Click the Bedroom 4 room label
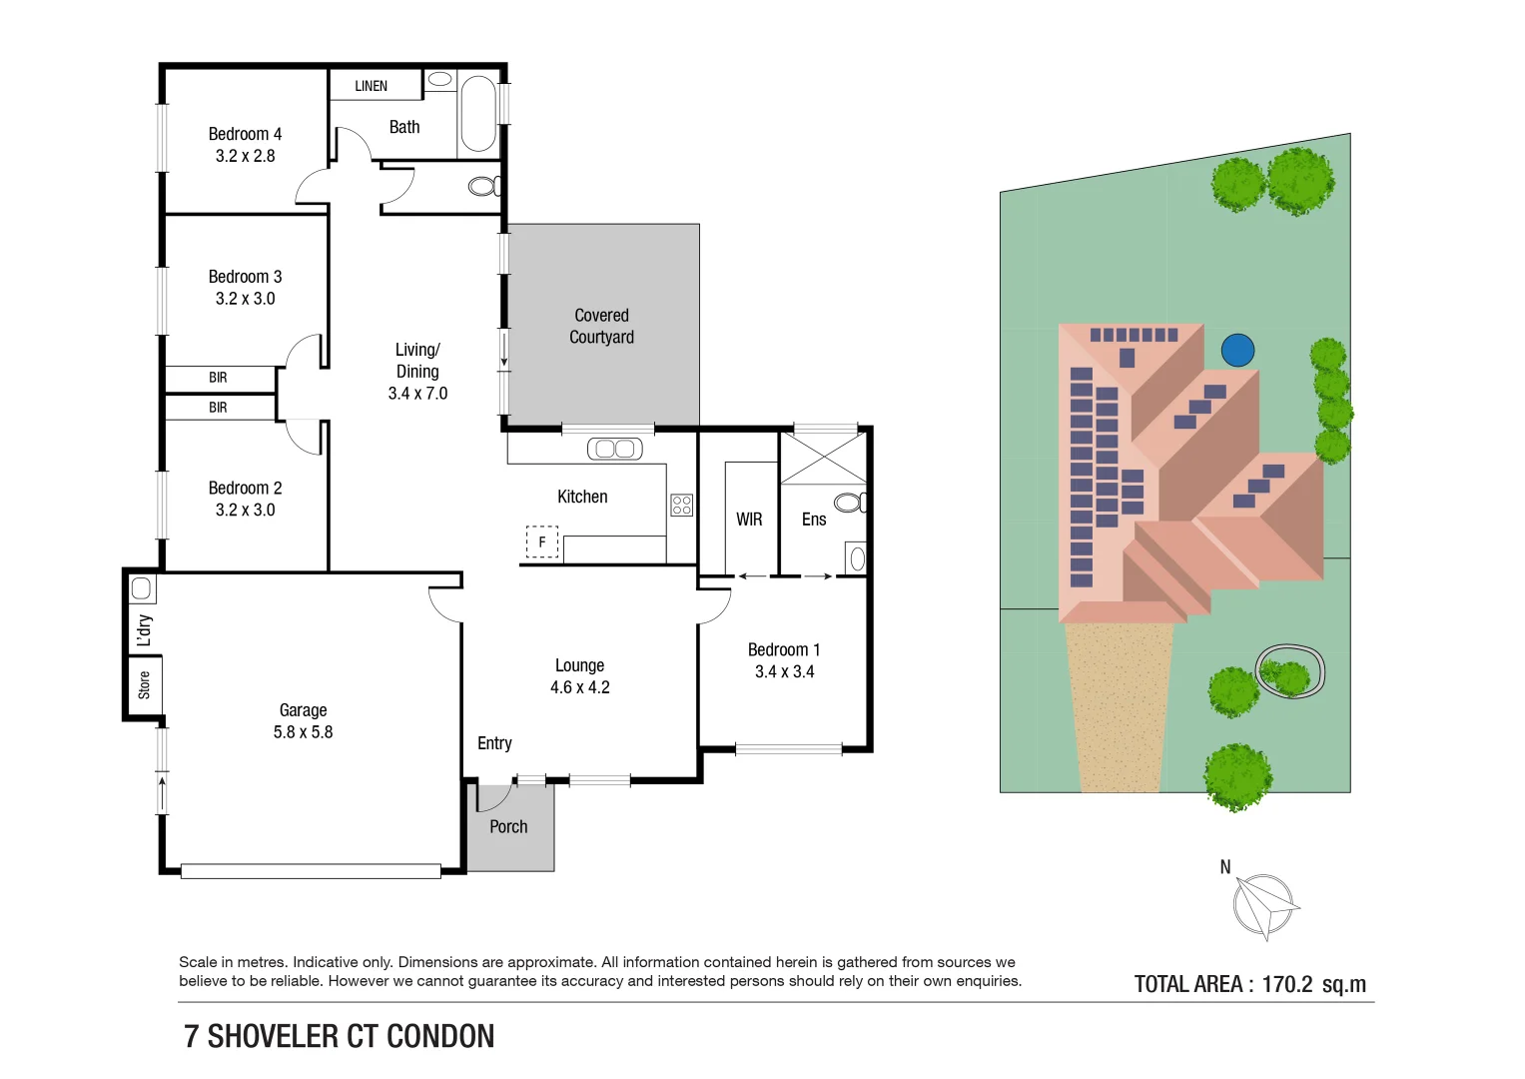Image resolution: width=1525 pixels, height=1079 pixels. (245, 134)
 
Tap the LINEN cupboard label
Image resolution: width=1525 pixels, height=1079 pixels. (372, 86)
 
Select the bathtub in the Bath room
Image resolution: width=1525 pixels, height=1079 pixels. (478, 113)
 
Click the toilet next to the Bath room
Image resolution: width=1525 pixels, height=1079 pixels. (484, 186)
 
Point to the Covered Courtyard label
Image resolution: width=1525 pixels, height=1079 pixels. (602, 327)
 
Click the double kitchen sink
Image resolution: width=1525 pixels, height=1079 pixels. (615, 449)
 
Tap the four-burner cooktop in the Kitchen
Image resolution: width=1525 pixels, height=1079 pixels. (681, 505)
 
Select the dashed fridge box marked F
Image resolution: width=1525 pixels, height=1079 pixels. (542, 542)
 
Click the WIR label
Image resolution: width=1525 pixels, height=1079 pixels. (749, 520)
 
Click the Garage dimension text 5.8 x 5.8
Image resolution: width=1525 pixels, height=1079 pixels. (303, 732)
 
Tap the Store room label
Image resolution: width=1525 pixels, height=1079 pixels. (144, 685)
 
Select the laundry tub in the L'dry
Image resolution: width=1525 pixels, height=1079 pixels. (141, 588)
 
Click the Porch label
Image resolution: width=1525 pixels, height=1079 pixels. (508, 827)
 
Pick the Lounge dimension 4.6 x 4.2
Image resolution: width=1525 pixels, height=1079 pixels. (580, 687)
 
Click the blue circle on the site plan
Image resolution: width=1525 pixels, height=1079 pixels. (1237, 350)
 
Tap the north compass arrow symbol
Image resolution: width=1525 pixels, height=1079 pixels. (1265, 906)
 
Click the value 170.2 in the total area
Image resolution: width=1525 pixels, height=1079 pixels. (1287, 984)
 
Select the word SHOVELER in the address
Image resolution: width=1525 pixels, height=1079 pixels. (273, 1037)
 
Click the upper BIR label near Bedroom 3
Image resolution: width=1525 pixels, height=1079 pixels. (218, 378)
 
